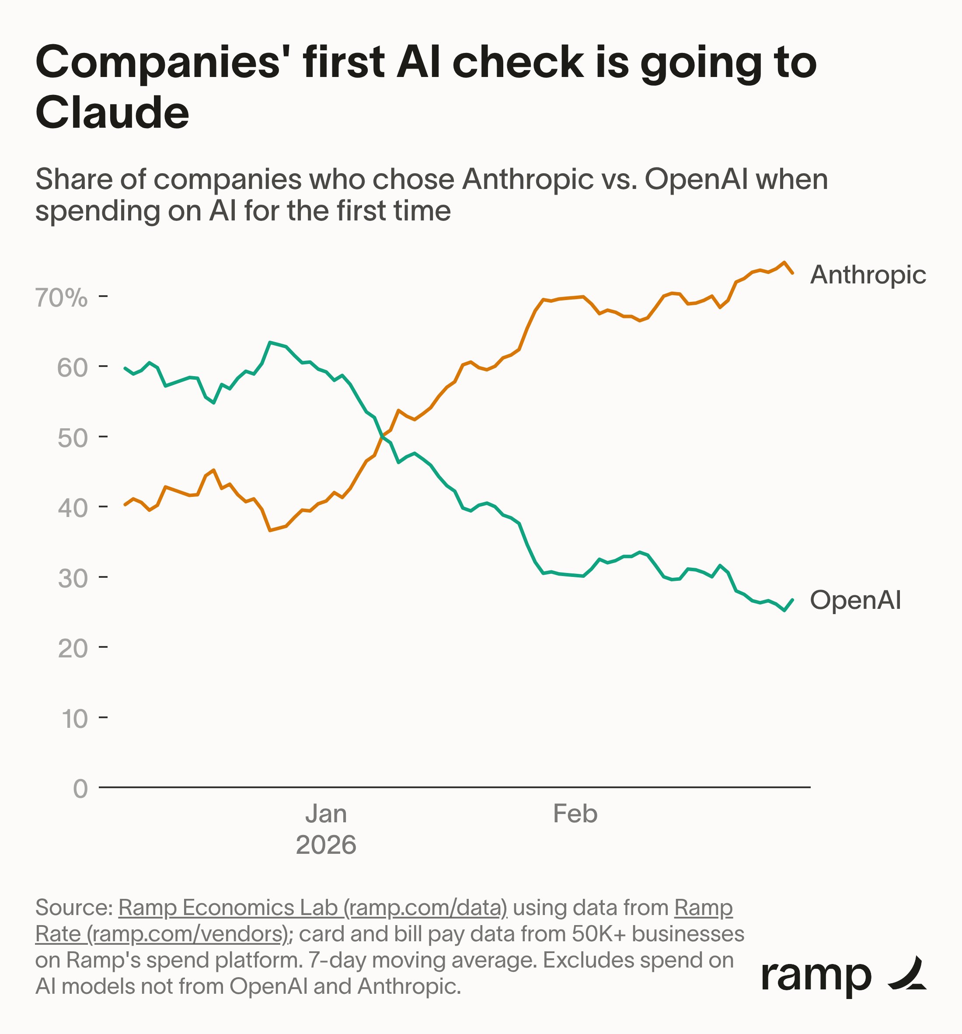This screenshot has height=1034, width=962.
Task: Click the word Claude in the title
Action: tap(112, 113)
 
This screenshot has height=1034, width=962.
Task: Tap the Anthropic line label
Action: tap(868, 275)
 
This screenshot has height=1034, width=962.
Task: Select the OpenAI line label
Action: tap(855, 600)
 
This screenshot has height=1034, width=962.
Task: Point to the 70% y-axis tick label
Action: tap(61, 298)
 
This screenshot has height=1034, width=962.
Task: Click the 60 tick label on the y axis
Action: tap(72, 368)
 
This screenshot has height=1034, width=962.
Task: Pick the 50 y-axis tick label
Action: tap(72, 438)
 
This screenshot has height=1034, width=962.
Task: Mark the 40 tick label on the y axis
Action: tap(72, 509)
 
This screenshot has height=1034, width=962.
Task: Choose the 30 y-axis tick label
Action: tap(72, 578)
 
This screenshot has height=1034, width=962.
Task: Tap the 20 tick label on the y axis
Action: tap(72, 649)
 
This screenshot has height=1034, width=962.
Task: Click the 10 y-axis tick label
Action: tap(74, 719)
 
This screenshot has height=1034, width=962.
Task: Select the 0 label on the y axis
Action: tap(80, 789)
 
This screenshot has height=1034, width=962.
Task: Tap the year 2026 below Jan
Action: tap(326, 845)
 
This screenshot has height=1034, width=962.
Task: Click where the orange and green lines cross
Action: tap(382, 436)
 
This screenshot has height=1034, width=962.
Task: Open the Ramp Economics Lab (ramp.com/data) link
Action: tap(313, 908)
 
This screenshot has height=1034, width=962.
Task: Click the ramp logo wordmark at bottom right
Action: tap(816, 977)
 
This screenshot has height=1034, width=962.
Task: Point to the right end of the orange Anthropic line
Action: tap(792, 272)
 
